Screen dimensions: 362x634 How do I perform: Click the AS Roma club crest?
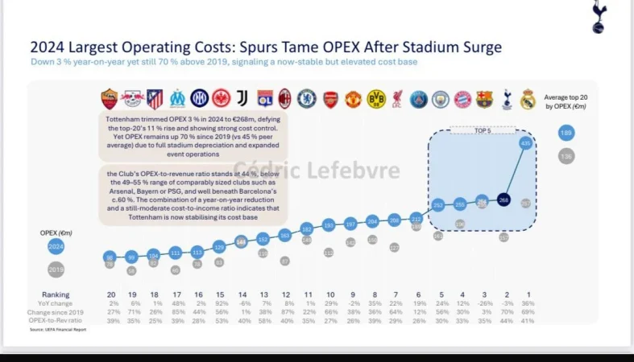coord(109,99)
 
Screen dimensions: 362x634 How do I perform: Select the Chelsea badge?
coord(306,99)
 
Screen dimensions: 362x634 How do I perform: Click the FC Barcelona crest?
coord(483,99)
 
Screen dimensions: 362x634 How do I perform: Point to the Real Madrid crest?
coord(528,99)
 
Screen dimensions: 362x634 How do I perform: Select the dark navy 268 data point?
coord(503,200)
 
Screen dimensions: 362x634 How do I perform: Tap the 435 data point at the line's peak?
coord(526,143)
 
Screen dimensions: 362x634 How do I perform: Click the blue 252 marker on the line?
coord(438,205)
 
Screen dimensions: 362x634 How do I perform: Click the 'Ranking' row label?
coord(56,294)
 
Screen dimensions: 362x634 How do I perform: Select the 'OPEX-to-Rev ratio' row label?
coord(56,320)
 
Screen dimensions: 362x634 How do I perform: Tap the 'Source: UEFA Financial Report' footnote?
coord(59,330)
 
